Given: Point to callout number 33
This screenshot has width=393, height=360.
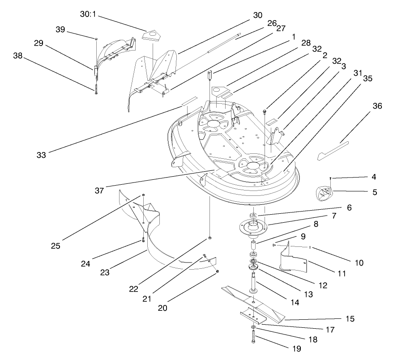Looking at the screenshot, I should click(x=42, y=155).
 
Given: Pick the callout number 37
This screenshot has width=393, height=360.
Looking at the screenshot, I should click(x=99, y=191).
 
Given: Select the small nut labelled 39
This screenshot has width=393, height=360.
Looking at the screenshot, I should click(x=96, y=38).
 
